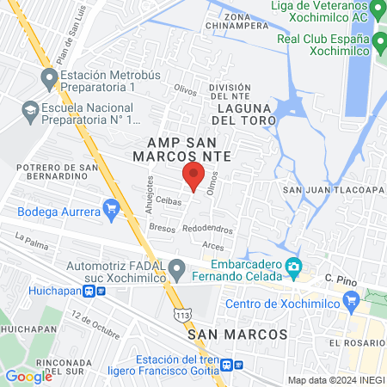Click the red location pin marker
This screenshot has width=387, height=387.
193,178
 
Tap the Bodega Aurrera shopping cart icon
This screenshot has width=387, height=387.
111,208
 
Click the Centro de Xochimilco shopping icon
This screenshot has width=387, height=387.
350,301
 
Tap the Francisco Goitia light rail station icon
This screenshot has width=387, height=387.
227,364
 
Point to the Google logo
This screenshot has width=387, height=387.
28,376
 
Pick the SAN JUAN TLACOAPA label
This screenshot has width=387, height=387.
331,189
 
